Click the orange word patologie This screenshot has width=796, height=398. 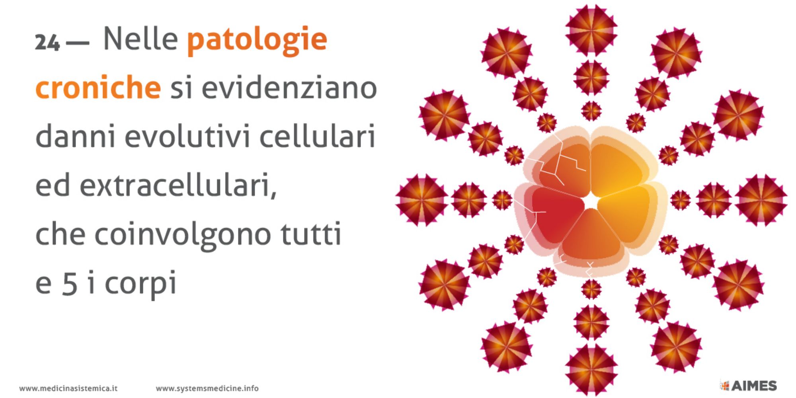coord(257,40)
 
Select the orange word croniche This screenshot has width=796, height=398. coord(98,87)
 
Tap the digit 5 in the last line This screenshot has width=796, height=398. coord(70,283)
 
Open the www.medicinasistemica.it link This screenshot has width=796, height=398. coord(68,388)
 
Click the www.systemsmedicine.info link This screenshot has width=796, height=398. coord(207,388)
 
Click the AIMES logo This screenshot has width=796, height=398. coord(748,385)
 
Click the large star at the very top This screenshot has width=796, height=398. coord(591,30)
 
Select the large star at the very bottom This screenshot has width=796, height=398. coord(591,370)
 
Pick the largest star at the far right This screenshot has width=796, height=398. coord(761,200)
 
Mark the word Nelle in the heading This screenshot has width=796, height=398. coord(140,39)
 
